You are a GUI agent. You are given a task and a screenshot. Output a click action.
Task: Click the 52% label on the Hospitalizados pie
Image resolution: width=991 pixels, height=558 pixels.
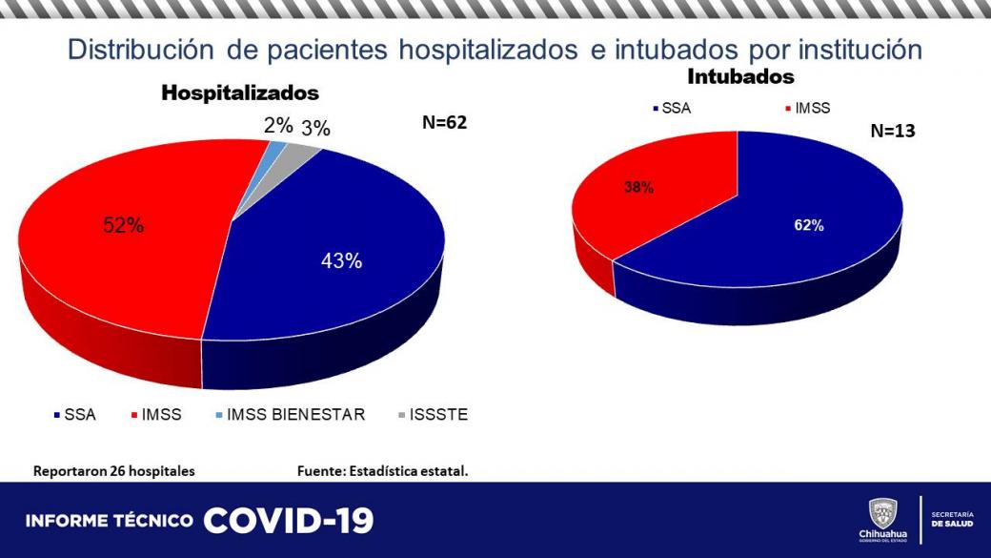[x=124, y=226]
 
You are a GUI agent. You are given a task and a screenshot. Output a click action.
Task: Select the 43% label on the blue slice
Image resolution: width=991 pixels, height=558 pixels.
[x=341, y=260]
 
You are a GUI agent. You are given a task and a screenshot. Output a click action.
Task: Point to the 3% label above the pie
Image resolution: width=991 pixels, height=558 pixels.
[x=315, y=129]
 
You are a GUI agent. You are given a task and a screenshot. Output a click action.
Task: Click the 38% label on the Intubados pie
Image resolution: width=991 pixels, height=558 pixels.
[x=638, y=188]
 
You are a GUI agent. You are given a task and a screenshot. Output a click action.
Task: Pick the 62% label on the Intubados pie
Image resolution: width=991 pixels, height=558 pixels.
[x=809, y=226]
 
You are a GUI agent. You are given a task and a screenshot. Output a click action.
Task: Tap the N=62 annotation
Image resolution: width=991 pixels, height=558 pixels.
[x=445, y=122]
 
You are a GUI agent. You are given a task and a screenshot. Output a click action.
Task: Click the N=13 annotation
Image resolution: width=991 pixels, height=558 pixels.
[x=893, y=132]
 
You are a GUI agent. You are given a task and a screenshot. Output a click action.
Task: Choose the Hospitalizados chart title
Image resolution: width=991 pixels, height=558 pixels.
[x=240, y=93]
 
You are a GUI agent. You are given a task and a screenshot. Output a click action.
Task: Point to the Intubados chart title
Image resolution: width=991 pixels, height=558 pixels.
[x=740, y=76]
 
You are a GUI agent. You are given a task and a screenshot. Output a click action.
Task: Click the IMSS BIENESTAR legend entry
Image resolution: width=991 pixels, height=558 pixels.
[x=290, y=415]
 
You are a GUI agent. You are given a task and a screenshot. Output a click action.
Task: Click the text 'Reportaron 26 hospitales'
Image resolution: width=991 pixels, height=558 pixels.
[x=114, y=471]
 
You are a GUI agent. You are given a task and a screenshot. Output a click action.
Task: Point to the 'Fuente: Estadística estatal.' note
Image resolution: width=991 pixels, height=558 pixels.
[x=383, y=471]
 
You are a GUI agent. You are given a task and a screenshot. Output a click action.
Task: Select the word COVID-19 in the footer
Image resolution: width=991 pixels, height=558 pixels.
[x=289, y=521]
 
